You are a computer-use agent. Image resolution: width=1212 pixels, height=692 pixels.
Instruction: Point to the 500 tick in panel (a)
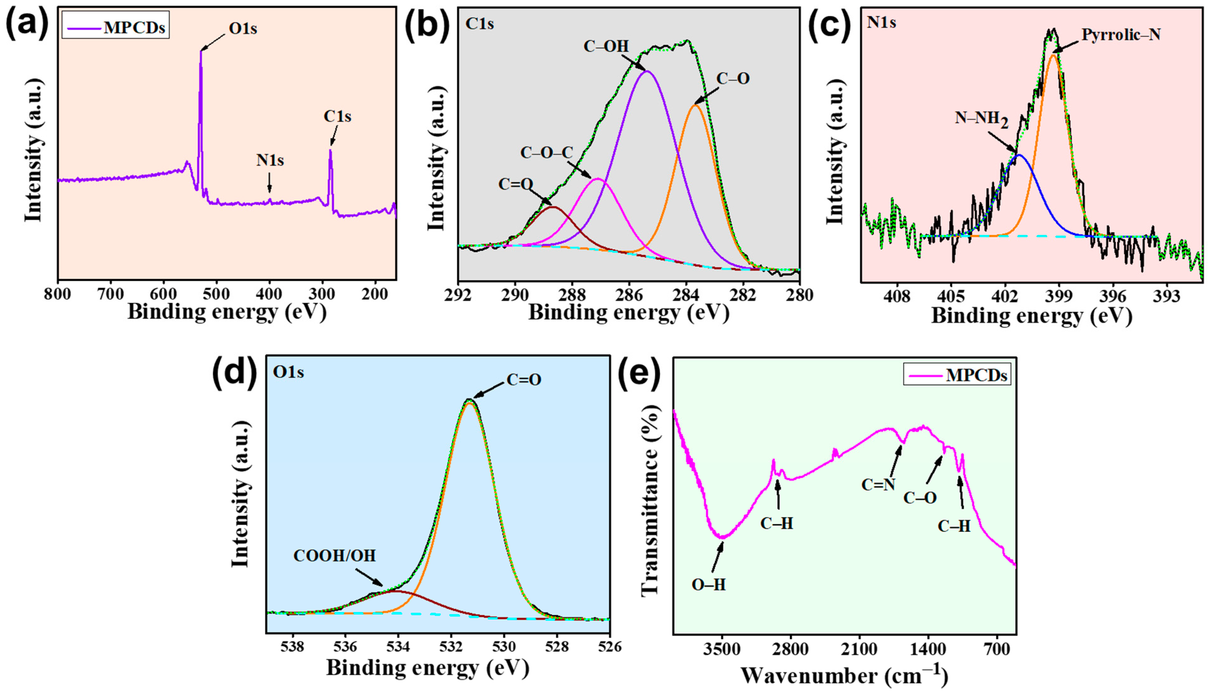coord(217,295)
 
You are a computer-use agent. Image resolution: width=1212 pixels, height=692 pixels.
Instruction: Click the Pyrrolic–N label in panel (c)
coord(1121,34)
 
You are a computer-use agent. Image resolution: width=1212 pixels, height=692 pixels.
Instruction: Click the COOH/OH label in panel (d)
coord(335,556)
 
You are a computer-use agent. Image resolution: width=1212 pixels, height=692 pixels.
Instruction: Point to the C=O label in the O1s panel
coord(524,380)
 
